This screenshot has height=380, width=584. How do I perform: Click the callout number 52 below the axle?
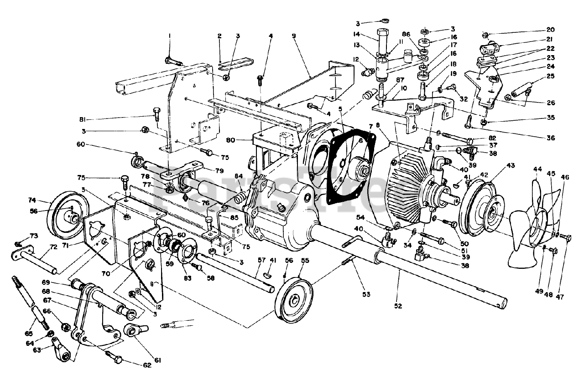pos(398,306)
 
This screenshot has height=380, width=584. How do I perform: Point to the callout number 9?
pos(294,35)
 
